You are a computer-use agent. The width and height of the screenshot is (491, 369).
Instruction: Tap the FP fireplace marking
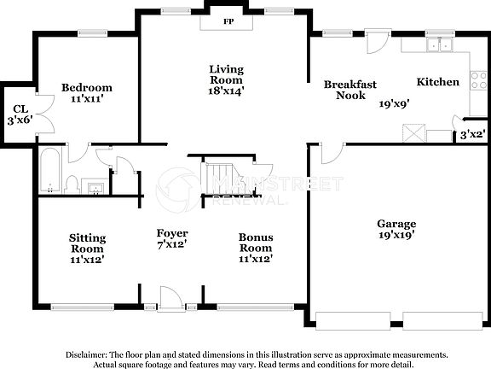point(228,20)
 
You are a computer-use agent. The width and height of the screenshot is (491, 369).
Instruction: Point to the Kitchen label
point(437,82)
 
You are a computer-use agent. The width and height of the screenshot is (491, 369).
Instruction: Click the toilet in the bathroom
point(72,182)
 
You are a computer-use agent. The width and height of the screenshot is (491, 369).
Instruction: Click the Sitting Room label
point(86,243)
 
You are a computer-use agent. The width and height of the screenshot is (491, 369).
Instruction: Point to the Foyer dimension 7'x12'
point(171,245)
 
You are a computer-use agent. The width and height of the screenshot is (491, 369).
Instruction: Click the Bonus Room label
point(255,243)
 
